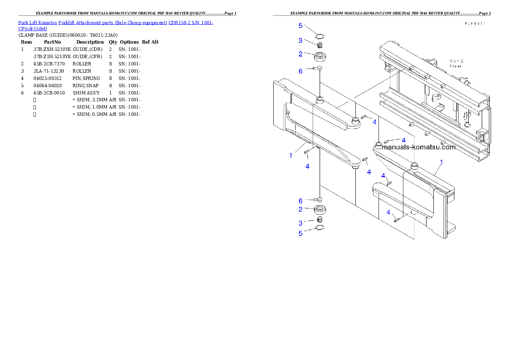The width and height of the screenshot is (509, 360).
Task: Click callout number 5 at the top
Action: [300, 26]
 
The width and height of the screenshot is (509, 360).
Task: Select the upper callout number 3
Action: [301, 41]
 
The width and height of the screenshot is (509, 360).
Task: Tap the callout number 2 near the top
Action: [301, 54]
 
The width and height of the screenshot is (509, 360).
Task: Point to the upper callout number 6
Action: [301, 71]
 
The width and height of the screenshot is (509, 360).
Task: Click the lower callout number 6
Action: [301, 201]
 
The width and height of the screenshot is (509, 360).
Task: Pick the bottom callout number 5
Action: [301, 233]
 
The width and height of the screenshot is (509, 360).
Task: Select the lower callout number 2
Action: [301, 209]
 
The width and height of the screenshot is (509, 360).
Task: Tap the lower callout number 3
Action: [301, 223]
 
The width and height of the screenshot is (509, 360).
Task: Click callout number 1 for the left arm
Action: [291, 156]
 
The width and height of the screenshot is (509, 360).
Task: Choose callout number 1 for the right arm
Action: [441, 162]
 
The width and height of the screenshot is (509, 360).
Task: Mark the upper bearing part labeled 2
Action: [320, 56]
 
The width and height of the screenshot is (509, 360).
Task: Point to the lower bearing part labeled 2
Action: [320, 210]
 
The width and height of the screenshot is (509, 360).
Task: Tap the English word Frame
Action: [455, 66]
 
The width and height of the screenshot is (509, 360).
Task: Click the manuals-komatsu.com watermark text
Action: [418, 147]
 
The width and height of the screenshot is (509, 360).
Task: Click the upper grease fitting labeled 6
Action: [319, 68]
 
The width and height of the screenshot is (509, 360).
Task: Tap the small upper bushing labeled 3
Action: [319, 44]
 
